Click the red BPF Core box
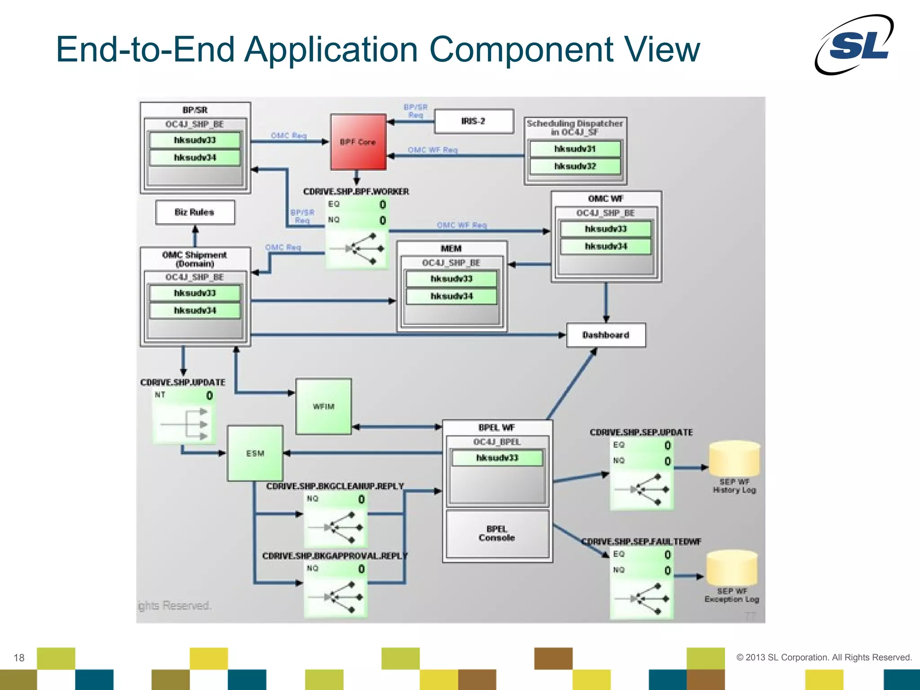click(x=358, y=142)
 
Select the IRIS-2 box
click(x=474, y=121)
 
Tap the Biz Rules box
click(x=195, y=212)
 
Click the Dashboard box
click(x=606, y=335)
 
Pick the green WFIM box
click(x=323, y=406)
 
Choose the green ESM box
click(x=255, y=453)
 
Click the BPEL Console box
click(x=497, y=534)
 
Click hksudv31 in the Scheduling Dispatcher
click(x=575, y=149)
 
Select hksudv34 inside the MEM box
click(x=451, y=296)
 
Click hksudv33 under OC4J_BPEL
click(x=497, y=458)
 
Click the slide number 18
click(x=19, y=658)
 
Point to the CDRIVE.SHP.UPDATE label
click(x=183, y=382)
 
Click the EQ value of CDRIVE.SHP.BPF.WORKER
click(x=382, y=205)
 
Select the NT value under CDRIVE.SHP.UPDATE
click(x=209, y=396)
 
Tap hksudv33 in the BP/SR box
click(x=195, y=140)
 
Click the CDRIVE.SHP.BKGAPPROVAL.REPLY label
click(x=335, y=556)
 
